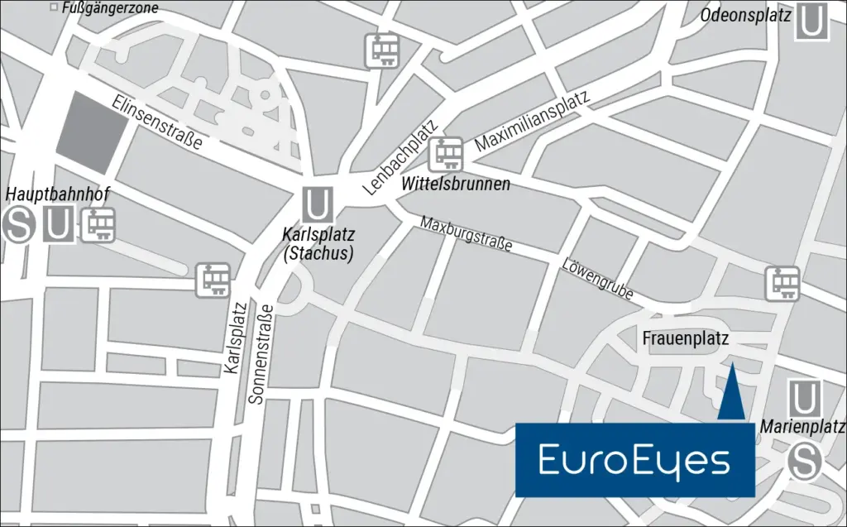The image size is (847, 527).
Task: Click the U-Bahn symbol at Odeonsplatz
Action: pos(811,22)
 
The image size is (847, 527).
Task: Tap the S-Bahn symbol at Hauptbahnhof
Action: pos(18,225)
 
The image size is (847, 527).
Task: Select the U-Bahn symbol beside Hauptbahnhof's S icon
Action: pos(57,225)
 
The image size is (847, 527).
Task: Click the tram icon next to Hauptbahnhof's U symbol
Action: pos(98,224)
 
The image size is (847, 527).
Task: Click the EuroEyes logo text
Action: pos(634,461)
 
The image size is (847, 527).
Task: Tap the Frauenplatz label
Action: pos(685,338)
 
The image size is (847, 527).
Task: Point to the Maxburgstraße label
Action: pos(466,234)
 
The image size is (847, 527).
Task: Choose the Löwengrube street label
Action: pos(596,280)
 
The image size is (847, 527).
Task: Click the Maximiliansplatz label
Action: pos(533,122)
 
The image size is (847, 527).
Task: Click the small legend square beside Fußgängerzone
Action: pos(55,8)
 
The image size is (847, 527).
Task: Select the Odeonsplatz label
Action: pos(745,15)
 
